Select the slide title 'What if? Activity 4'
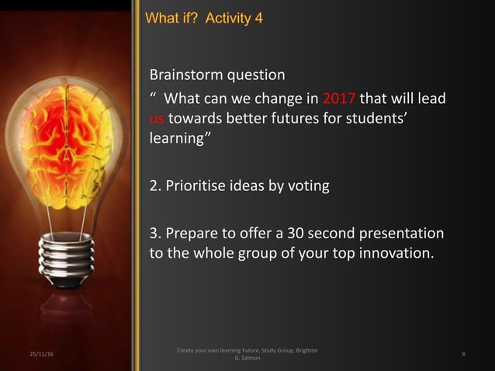click(x=199, y=17)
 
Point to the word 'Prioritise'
click(x=198, y=186)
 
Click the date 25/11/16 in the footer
click(x=32, y=355)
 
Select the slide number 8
click(x=462, y=355)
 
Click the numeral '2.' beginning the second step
click(x=155, y=186)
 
